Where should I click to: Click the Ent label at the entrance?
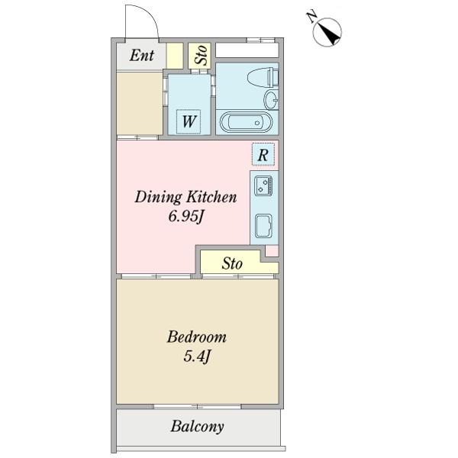click(142, 55)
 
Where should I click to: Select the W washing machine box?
click(189, 121)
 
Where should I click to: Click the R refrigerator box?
click(263, 154)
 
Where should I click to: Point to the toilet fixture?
click(263, 77)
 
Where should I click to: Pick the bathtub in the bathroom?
click(247, 122)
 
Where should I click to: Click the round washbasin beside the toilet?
click(271, 99)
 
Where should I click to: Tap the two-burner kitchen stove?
click(263, 185)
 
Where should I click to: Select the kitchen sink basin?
click(263, 226)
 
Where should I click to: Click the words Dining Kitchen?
click(185, 197)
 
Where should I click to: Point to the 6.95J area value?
click(185, 217)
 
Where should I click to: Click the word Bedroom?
click(197, 337)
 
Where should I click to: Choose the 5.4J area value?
click(197, 356)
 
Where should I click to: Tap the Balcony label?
click(198, 427)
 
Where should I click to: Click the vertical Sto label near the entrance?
click(202, 55)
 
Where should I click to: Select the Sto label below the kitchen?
click(232, 263)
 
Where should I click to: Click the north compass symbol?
click(327, 32)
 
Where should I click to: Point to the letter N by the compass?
click(312, 17)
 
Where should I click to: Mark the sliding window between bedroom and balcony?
click(198, 406)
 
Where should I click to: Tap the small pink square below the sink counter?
click(272, 251)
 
